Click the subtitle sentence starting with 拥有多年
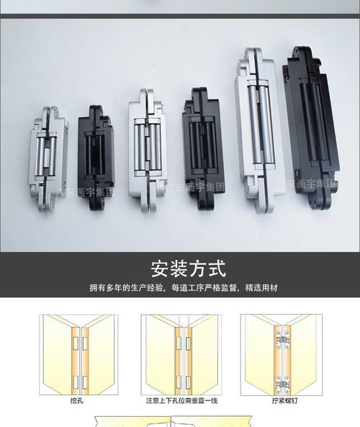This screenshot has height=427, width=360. tap(183, 288)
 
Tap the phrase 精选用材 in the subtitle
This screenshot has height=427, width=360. tap(261, 288)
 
